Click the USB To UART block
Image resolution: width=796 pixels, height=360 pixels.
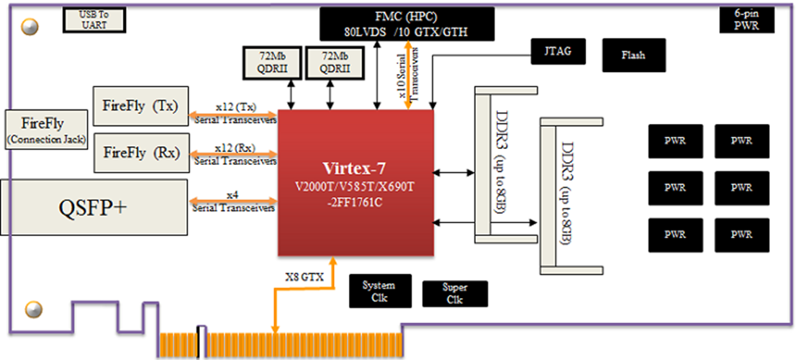(94, 19)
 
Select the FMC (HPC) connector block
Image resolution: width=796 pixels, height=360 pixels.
(407, 24)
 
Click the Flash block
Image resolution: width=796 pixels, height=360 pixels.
(633, 55)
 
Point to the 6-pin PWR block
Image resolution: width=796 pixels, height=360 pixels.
(748, 19)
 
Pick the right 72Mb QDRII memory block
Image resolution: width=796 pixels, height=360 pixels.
(333, 63)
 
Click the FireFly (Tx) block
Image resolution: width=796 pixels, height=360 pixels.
(140, 107)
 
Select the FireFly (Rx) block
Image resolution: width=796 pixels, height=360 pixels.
(140, 152)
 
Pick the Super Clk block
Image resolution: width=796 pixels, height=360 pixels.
(454, 293)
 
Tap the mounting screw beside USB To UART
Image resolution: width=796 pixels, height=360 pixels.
(30, 26)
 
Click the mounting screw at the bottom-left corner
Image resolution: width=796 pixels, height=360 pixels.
(31, 310)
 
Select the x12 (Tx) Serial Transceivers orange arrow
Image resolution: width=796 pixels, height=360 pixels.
(232, 114)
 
